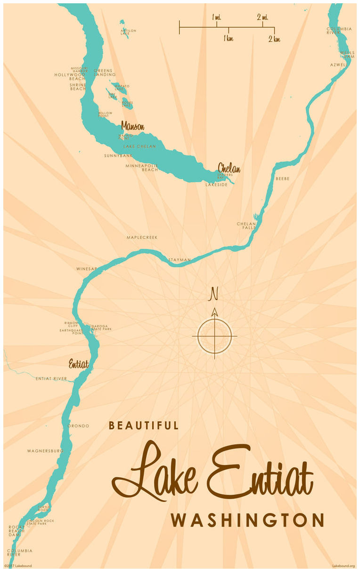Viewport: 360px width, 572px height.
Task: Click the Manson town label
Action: point(132,126)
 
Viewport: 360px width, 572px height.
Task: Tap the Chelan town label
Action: point(229,168)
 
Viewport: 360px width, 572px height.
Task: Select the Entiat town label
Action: point(78,364)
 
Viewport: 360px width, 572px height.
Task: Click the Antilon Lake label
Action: point(128,32)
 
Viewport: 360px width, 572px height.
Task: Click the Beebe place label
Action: point(282,179)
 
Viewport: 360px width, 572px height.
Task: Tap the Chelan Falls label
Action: point(246,225)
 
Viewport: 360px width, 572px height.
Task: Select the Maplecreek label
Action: point(142,237)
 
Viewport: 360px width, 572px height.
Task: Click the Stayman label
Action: point(180,260)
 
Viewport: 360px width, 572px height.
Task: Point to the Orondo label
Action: point(78,426)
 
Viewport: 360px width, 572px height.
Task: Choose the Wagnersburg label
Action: point(45,451)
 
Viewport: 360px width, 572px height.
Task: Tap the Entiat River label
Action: point(51,378)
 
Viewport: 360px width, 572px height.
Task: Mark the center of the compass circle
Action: point(214,336)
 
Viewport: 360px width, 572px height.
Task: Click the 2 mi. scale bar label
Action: point(262,17)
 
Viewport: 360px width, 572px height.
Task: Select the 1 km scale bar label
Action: point(229,39)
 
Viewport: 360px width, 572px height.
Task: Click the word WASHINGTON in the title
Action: point(247,520)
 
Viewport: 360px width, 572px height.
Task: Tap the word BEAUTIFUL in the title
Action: point(144,425)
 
